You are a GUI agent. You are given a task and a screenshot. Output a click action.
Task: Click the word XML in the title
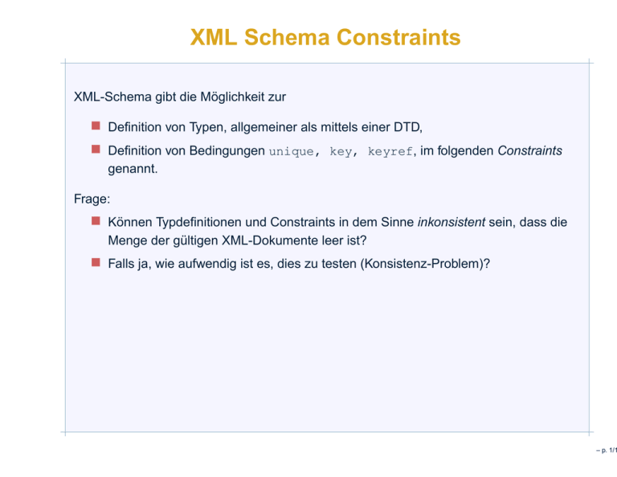[214, 38]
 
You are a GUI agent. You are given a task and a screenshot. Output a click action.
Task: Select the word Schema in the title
[288, 38]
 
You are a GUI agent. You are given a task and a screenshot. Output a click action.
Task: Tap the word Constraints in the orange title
[398, 38]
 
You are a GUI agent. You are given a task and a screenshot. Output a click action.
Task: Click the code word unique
[291, 152]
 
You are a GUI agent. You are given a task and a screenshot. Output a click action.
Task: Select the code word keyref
[390, 152]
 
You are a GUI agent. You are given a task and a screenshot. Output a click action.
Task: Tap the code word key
[341, 152]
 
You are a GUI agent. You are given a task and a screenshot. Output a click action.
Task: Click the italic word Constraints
[529, 151]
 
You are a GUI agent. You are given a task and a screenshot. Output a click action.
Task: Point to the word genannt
[132, 169]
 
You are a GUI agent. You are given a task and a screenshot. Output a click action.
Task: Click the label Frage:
[92, 199]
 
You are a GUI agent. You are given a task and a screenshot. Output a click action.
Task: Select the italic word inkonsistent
[452, 222]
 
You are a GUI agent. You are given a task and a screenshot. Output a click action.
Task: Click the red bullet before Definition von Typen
[96, 125]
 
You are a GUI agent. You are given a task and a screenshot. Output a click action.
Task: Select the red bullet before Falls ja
[96, 262]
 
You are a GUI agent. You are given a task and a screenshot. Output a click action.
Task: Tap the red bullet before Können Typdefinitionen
[96, 220]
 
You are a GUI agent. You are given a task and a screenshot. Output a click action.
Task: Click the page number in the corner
[607, 450]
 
